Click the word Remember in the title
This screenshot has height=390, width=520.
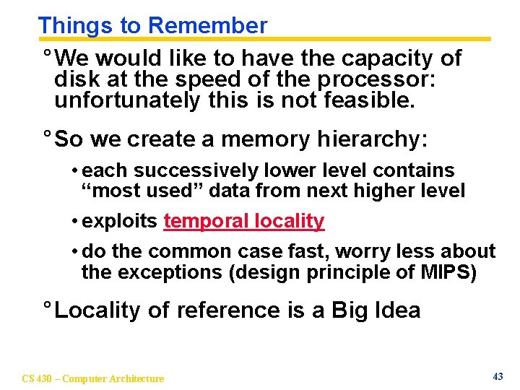[x=207, y=25]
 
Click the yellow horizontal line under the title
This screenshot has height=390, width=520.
[x=289, y=39]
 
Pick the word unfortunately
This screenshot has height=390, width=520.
[x=127, y=100]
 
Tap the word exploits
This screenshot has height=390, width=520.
[x=120, y=221]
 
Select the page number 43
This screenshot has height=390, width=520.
[x=497, y=376]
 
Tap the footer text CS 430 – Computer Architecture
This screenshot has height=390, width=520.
[x=93, y=378]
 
